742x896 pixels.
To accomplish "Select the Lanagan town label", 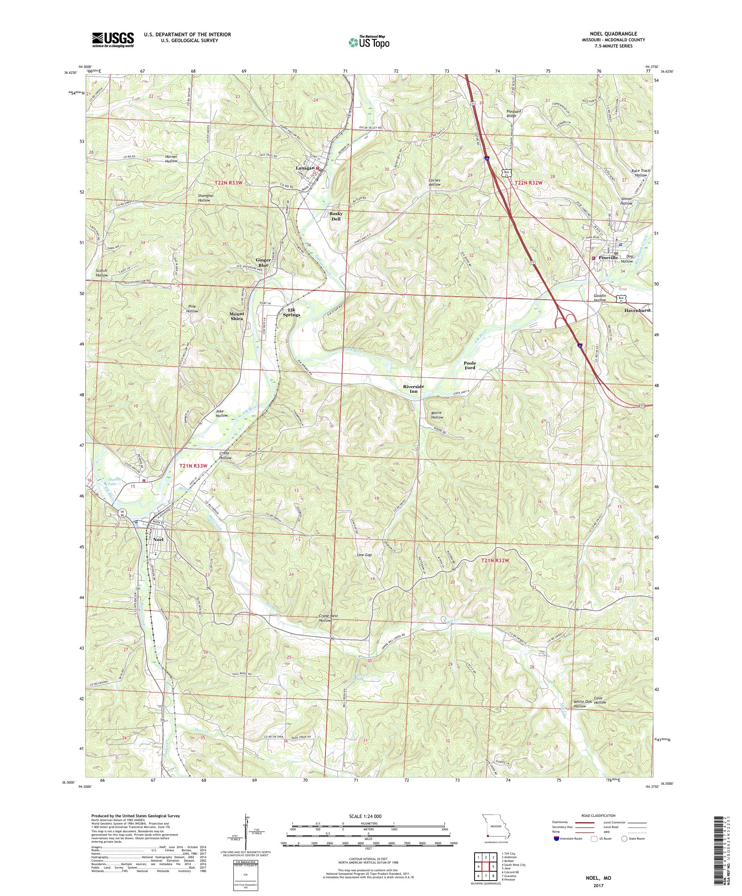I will click(x=304, y=168).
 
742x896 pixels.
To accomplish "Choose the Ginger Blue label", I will click(x=262, y=262).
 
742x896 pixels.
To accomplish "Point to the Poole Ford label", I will click(x=470, y=365).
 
